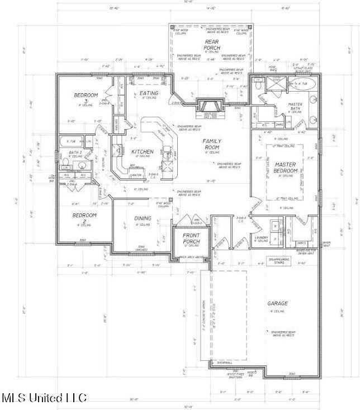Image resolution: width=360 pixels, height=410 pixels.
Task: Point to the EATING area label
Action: [x=148, y=93]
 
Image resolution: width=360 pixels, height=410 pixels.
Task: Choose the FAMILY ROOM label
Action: [x=212, y=144]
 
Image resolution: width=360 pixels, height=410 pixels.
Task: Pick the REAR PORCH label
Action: [x=211, y=45]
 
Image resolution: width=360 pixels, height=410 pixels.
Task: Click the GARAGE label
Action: [x=277, y=303]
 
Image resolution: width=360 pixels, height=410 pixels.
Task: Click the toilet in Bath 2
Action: [x=65, y=165]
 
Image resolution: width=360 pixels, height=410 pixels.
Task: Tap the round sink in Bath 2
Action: [x=82, y=165]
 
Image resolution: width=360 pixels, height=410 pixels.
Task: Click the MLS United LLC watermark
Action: [x=44, y=398]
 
